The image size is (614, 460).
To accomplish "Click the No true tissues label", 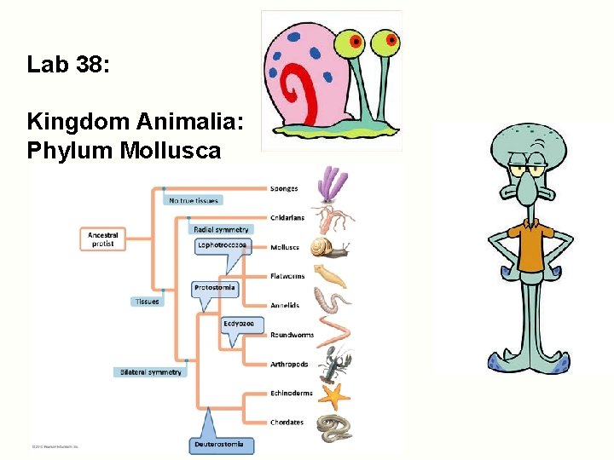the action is click(194, 201).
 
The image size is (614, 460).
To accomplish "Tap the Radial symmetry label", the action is click(221, 229).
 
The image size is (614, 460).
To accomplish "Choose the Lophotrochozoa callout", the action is click(222, 245).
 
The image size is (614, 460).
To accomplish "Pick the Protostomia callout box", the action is click(215, 288).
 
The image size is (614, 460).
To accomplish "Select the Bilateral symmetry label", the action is click(150, 372).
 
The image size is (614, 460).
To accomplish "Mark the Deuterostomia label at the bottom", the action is click(219, 444).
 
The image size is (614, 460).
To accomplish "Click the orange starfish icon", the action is click(333, 395).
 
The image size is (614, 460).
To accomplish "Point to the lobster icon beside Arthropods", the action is click(333, 365).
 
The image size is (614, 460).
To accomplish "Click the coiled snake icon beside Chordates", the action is click(333, 425).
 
